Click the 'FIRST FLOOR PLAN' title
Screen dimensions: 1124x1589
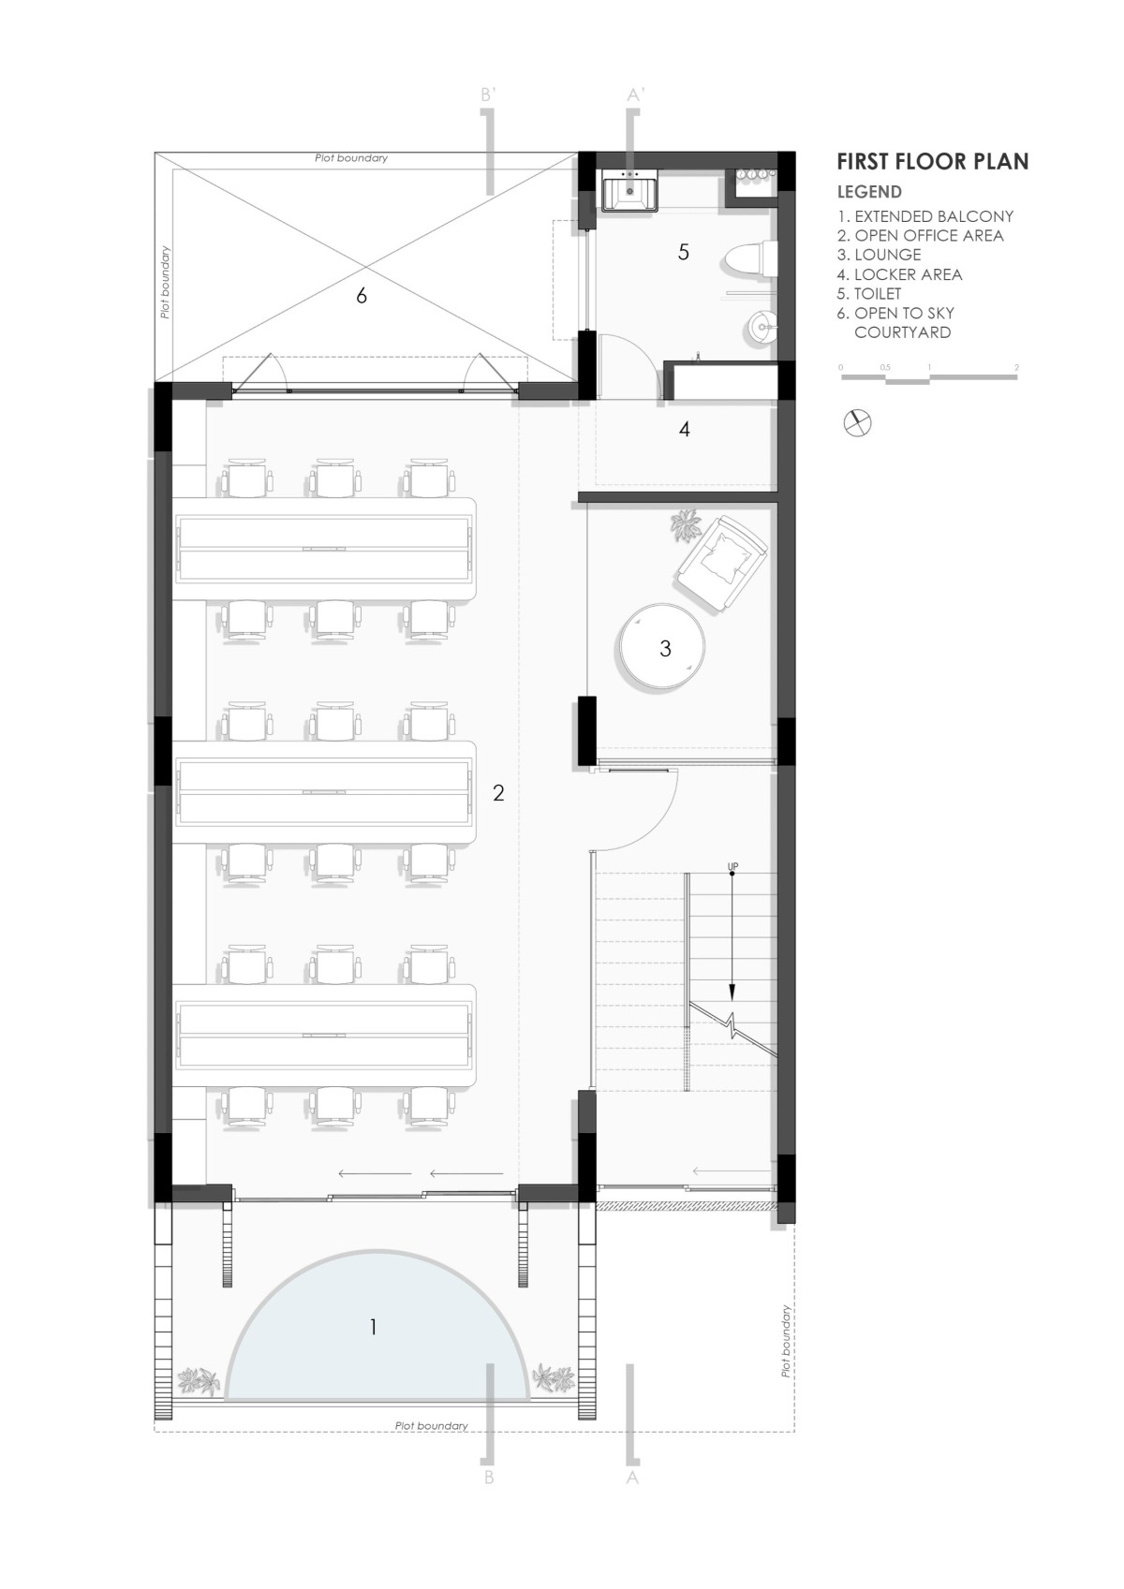click(932, 162)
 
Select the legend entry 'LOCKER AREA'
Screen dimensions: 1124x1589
click(908, 274)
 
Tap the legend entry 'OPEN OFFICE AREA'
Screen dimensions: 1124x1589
click(929, 236)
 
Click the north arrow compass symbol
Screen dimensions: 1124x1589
click(857, 423)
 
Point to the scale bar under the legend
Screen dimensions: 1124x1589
click(929, 375)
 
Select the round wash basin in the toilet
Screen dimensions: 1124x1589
click(762, 327)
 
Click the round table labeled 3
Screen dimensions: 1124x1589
click(663, 646)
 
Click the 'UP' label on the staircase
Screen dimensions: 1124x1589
click(732, 866)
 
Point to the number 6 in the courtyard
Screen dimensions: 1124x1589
click(362, 296)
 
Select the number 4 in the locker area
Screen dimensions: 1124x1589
click(684, 429)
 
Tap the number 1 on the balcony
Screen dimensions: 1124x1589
click(373, 1327)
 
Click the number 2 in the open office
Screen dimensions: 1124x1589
click(498, 792)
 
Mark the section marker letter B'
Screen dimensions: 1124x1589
click(488, 95)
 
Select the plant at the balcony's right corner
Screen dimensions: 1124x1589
click(554, 1378)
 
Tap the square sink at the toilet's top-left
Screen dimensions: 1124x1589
click(630, 190)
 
